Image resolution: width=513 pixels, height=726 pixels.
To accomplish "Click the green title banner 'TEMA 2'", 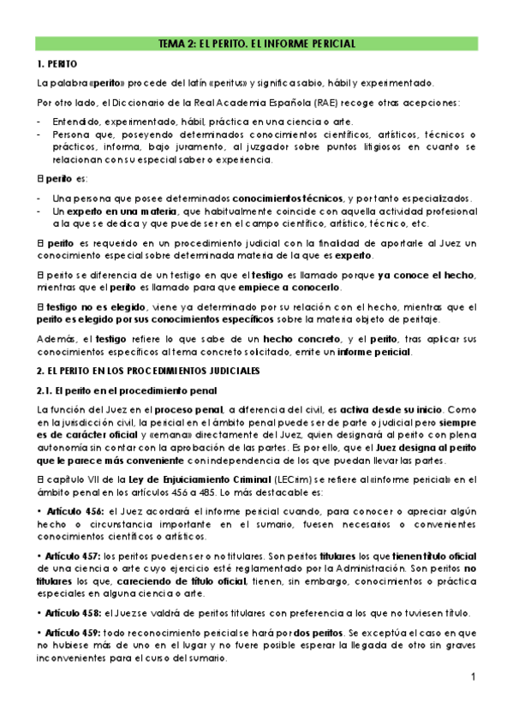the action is pyautogui.click(x=257, y=43).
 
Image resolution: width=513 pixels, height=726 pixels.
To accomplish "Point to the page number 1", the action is pyautogui.click(x=472, y=678).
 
